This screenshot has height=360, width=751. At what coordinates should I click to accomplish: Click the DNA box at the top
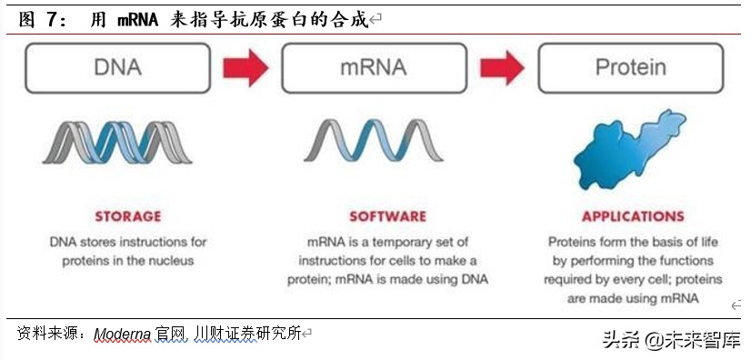point(118,67)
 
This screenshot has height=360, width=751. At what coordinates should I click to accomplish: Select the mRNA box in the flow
point(373,67)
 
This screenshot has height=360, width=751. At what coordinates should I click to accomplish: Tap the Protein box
point(630,67)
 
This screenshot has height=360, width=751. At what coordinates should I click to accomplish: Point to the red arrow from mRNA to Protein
point(501,67)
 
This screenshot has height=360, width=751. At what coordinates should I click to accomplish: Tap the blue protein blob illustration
point(628,145)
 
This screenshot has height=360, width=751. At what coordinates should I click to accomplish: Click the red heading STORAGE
point(128,216)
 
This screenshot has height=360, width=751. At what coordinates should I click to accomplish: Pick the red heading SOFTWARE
point(387,216)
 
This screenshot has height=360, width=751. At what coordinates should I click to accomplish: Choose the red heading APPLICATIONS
point(633,216)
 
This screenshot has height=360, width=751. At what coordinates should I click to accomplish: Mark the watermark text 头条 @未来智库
point(671,339)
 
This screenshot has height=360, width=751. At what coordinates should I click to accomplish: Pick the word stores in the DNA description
point(99,242)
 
